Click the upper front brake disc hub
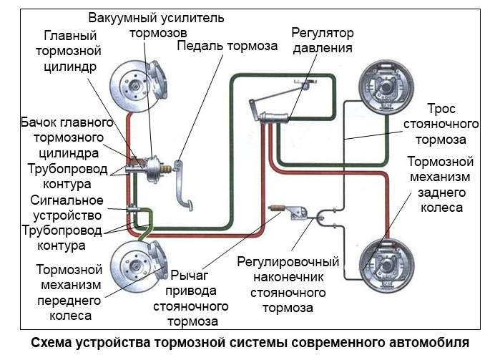[x=136, y=84]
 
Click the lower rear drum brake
[x=387, y=266]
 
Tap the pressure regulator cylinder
[x=274, y=118]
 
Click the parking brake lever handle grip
[x=277, y=208]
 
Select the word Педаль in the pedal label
[x=200, y=46]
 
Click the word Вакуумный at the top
[x=123, y=18]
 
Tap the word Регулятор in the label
[x=323, y=33]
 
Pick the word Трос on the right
[x=441, y=109]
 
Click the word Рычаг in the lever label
[x=190, y=276]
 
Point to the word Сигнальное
[x=67, y=200]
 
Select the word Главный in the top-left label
[x=70, y=36]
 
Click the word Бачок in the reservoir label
[x=39, y=122]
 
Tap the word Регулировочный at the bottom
[x=288, y=262]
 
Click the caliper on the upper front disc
[x=158, y=82]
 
